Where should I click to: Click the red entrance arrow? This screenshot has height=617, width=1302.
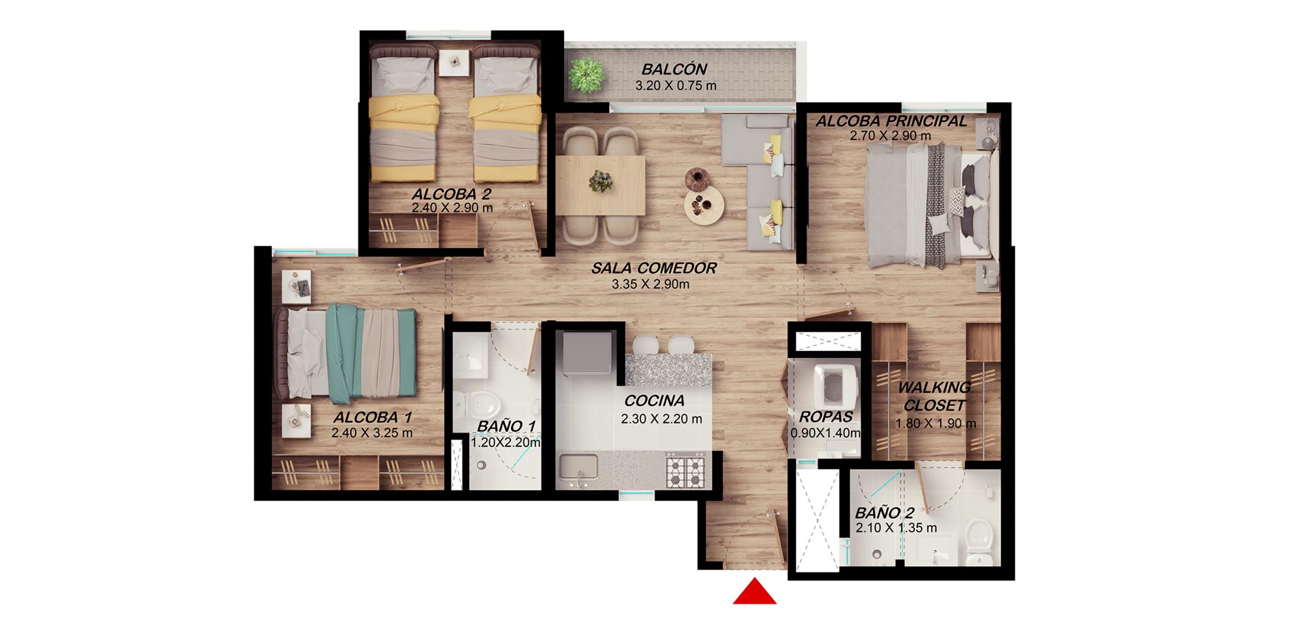(754, 593)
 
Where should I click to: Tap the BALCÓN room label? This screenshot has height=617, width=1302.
(674, 69)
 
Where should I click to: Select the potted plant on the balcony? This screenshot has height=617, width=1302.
(586, 74)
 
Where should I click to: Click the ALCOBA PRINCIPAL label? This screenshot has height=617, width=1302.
(891, 121)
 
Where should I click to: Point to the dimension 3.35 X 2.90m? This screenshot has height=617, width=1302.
(650, 285)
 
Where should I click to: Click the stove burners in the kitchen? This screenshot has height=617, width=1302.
(686, 472)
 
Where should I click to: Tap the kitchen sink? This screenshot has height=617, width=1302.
(578, 468)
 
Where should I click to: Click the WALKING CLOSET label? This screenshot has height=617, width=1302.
(934, 396)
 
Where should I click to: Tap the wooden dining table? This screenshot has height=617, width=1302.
(600, 185)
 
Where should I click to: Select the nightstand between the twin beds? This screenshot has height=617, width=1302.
(453, 62)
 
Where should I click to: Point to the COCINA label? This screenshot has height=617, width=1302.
(654, 401)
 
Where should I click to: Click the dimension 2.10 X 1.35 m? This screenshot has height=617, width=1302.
(896, 529)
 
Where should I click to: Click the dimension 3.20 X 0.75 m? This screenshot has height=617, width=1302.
(676, 86)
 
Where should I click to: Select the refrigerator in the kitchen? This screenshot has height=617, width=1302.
(587, 353)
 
